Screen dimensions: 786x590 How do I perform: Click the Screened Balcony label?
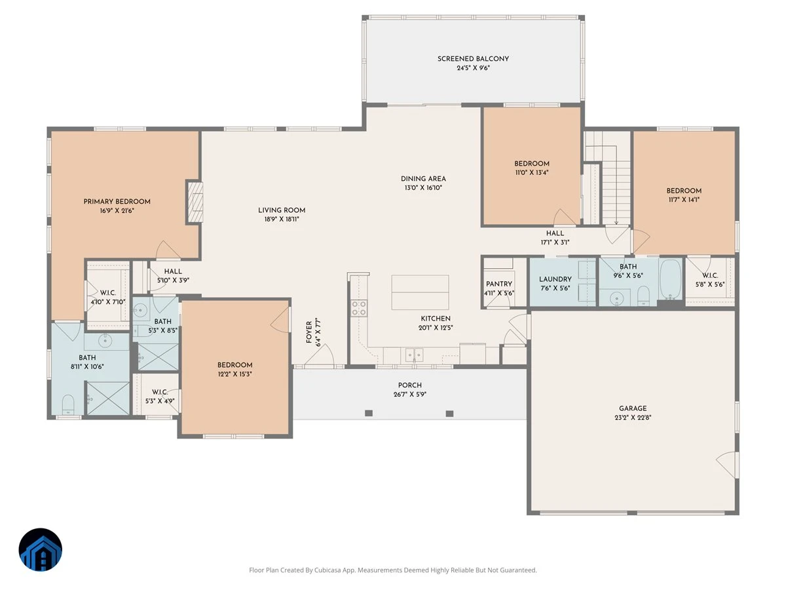click(473, 59)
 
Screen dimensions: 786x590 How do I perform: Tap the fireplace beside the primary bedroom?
click(195, 203)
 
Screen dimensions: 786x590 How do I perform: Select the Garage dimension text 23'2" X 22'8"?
click(633, 418)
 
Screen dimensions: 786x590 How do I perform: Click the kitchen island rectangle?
click(420, 292)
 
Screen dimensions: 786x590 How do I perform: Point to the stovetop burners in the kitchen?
click(358, 308)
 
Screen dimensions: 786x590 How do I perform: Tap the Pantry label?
click(499, 284)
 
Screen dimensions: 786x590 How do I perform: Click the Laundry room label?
click(555, 279)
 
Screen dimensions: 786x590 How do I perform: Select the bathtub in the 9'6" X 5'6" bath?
click(670, 279)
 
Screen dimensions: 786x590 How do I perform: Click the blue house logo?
click(41, 549)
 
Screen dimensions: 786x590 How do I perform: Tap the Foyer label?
click(309, 332)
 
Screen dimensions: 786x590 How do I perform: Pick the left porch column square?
click(369, 414)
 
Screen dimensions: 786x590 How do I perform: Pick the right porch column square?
click(449, 414)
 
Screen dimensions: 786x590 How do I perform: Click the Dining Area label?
click(423, 179)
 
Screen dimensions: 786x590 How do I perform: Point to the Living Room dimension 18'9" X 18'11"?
click(282, 219)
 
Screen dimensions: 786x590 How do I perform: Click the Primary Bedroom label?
click(117, 202)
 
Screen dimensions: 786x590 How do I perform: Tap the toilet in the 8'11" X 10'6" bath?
click(67, 404)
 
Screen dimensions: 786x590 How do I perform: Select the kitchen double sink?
click(414, 355)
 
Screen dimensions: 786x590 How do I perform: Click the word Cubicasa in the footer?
click(327, 570)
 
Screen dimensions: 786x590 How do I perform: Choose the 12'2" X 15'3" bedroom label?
click(234, 365)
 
